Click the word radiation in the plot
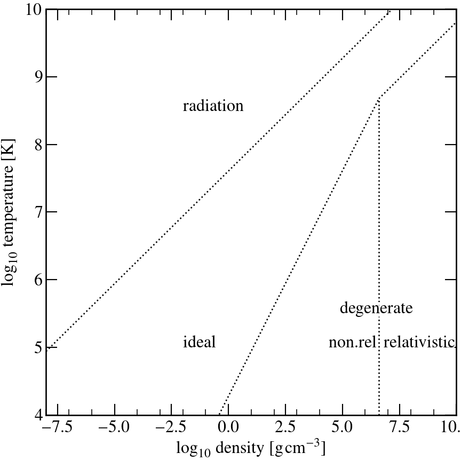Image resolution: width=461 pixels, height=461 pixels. [213, 106]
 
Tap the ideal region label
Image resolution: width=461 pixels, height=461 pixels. [199, 342]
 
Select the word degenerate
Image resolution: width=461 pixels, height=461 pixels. [376, 308]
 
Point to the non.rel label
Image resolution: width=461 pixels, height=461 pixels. [353, 342]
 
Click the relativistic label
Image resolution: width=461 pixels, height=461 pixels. [419, 342]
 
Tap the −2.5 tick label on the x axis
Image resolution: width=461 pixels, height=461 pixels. [170, 428]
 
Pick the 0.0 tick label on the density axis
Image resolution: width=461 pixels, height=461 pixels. [228, 428]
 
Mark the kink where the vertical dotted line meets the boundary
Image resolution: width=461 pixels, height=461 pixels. [378, 99]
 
